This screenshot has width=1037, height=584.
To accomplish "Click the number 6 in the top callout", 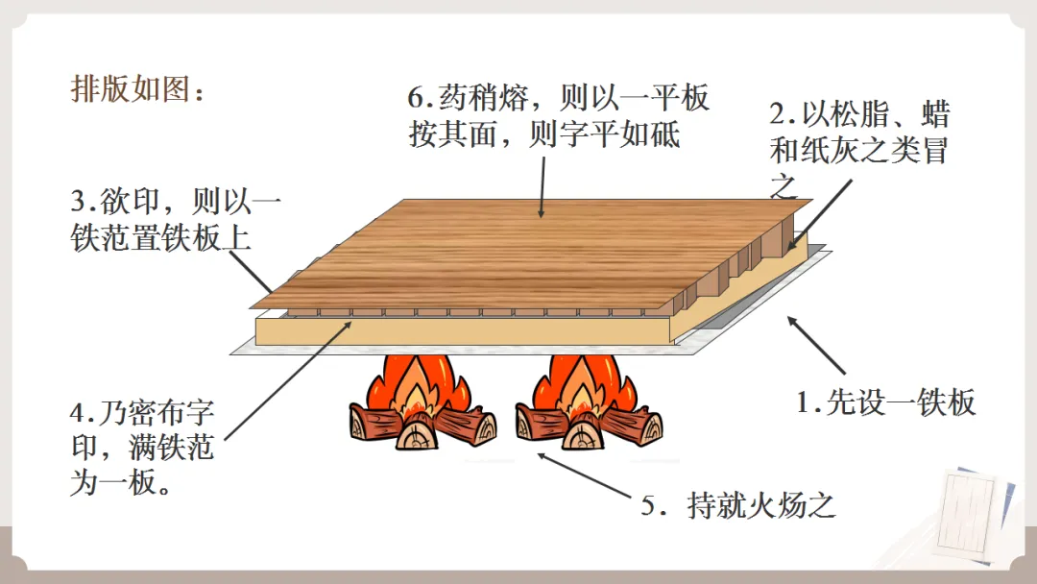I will coord(417,98).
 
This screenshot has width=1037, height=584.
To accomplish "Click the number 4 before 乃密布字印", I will coord(80,415).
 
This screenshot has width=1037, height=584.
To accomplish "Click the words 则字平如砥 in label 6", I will coord(605,134).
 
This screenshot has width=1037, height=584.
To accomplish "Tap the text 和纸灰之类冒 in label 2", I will coord(859,151).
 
